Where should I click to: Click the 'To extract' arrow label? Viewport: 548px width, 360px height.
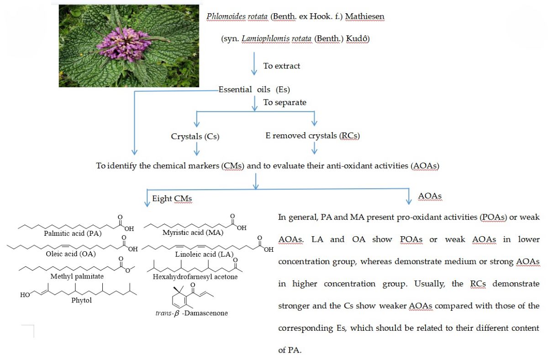282,66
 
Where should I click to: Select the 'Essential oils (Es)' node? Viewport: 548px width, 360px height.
254,89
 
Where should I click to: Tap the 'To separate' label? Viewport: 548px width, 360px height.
285,102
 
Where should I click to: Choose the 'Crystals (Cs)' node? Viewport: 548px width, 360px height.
195,136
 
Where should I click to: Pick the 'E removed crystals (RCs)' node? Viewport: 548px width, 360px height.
313,136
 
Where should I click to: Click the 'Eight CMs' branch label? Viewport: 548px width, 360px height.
172,198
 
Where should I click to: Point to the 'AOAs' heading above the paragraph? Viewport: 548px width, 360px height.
430,196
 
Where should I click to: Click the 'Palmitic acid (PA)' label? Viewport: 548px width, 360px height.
73,233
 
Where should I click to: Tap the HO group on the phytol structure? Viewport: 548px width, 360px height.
25,295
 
